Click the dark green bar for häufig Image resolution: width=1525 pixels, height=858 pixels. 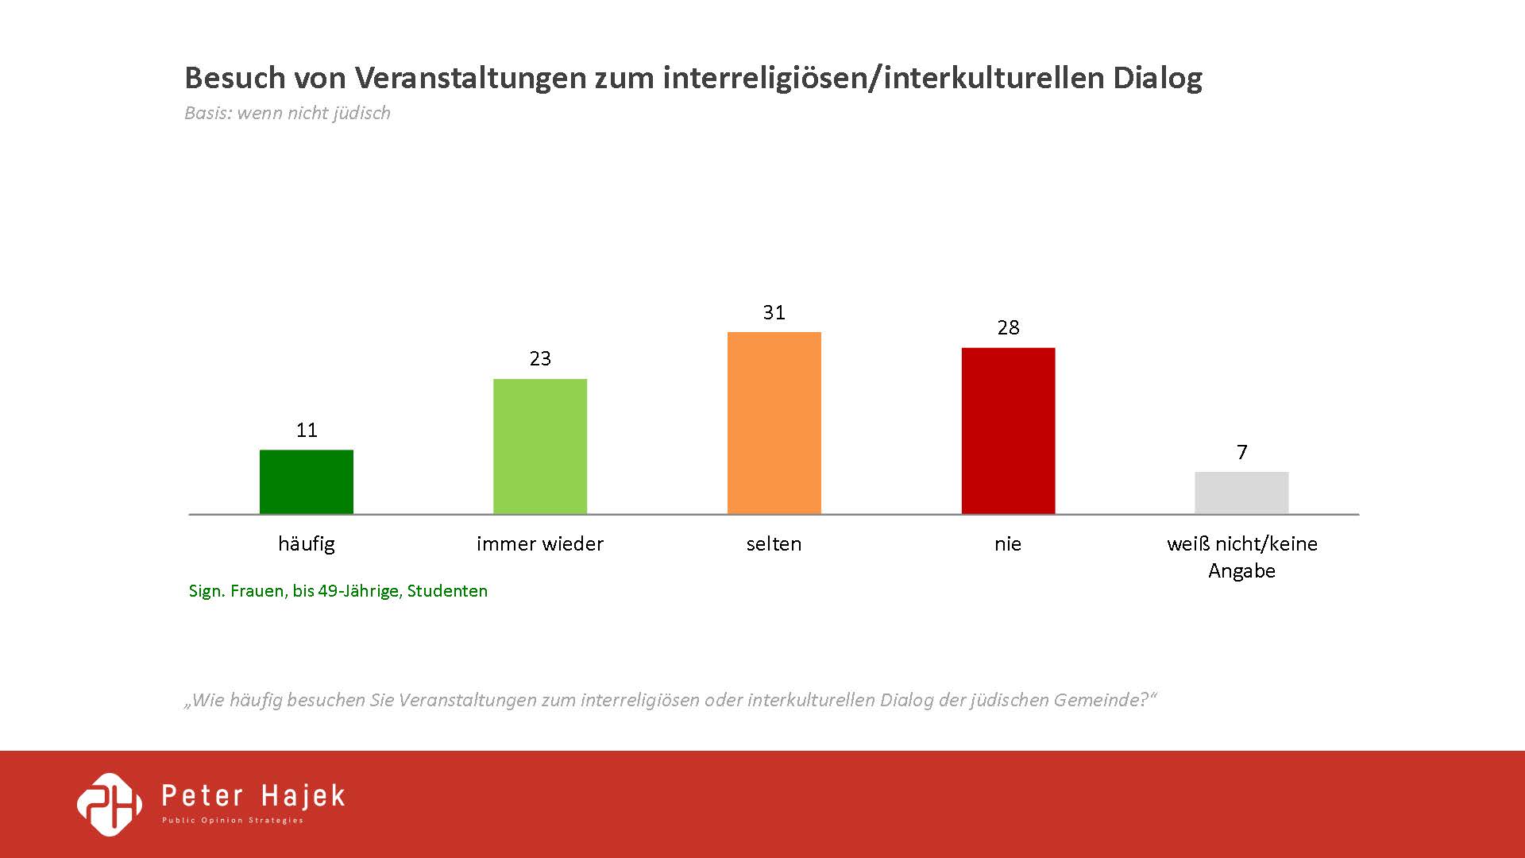[x=307, y=482]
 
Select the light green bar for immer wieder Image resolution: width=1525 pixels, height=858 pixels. [x=540, y=446]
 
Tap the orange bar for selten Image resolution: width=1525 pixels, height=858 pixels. [x=774, y=423]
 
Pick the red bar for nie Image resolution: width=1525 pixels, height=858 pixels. [x=1008, y=431]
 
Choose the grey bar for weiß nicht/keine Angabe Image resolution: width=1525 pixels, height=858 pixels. [x=1241, y=493]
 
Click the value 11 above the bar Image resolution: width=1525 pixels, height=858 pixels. [x=307, y=431]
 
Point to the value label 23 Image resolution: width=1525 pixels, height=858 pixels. [x=540, y=359]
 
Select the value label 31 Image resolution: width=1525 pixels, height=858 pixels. [x=774, y=313]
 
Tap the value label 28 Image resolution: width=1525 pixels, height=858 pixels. [x=1008, y=328]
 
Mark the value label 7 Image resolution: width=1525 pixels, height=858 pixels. [x=1242, y=453]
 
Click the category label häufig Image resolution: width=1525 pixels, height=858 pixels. [x=307, y=544]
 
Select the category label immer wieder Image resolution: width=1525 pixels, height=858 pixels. [x=540, y=544]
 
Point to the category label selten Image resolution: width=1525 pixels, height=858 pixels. [x=774, y=544]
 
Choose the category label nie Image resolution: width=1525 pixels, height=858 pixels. [x=1008, y=544]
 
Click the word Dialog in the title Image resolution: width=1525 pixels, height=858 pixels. [x=1157, y=78]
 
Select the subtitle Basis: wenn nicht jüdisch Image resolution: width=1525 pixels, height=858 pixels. [x=288, y=113]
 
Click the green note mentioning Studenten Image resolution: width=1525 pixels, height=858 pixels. [x=338, y=591]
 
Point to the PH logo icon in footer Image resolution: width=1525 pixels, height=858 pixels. [x=110, y=805]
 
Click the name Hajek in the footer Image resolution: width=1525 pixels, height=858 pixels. [x=303, y=796]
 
